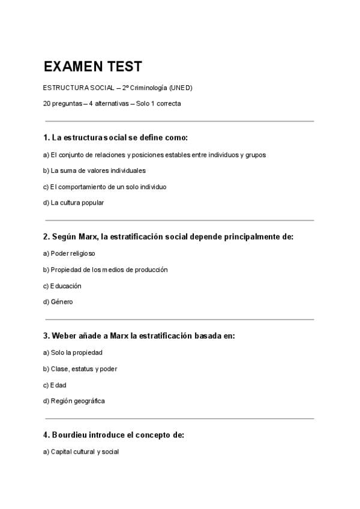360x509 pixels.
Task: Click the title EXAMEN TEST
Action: pos(92,67)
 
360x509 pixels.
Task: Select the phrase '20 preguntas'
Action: pos(62,103)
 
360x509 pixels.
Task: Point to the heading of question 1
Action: pos(115,138)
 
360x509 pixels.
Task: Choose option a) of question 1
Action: pos(154,155)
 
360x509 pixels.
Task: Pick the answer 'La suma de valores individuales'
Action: pos(94,170)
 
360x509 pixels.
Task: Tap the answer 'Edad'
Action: pos(58,385)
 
